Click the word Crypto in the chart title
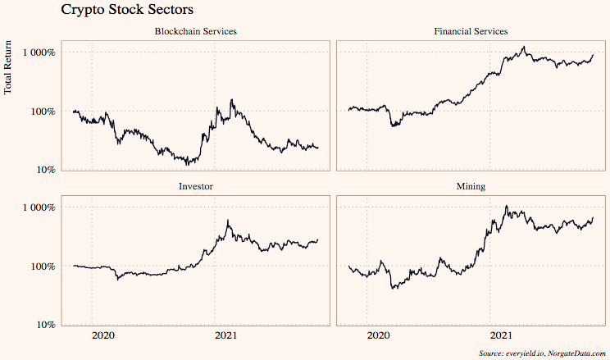tap(85, 11)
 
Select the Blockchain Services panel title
tap(196, 31)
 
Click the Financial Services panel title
tap(471, 31)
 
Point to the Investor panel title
tap(196, 186)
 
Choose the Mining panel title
tap(471, 186)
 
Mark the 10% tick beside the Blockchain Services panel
tap(44, 170)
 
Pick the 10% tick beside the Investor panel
tap(44, 325)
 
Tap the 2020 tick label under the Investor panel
tap(103, 335)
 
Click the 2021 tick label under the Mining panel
tap(501, 335)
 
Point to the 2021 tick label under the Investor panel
tap(226, 335)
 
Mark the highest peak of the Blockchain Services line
tap(233, 100)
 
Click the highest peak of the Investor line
tap(228, 221)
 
